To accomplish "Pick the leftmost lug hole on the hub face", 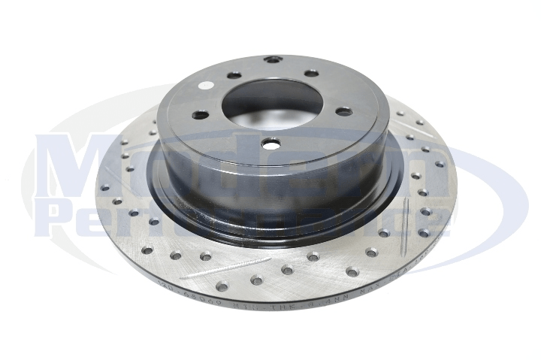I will pos(200,115).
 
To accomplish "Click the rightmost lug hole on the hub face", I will pos(343,112).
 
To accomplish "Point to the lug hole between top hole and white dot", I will pos(234,75).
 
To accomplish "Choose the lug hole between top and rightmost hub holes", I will pos(311,73).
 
